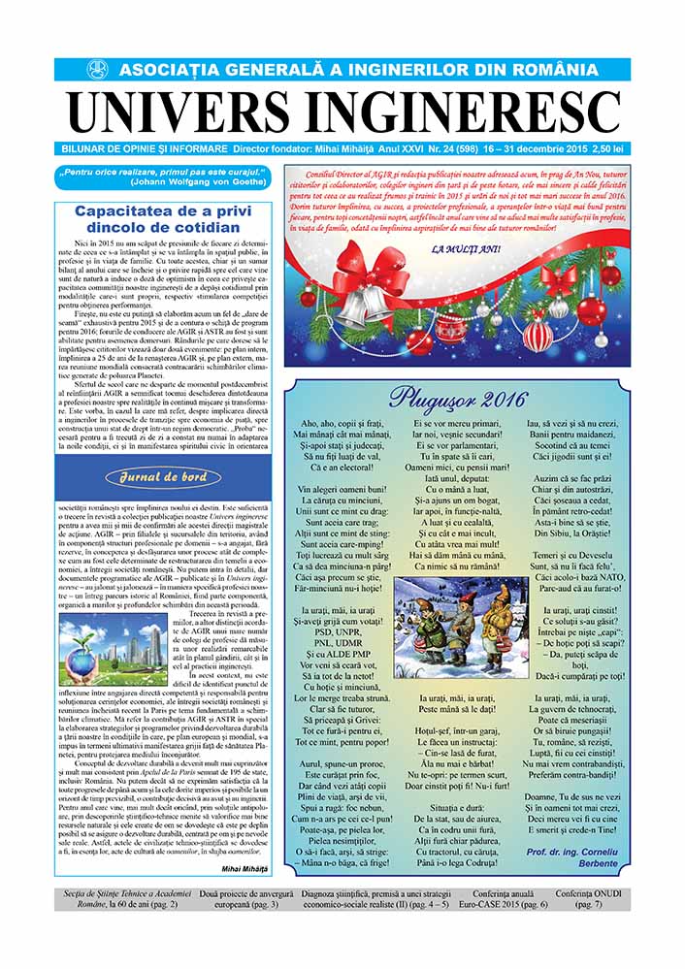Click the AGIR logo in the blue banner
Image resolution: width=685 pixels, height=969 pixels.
click(x=97, y=70)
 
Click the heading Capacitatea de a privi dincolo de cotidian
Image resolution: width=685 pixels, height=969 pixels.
click(x=163, y=219)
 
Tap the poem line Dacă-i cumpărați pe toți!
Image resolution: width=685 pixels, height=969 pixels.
click(x=578, y=675)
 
